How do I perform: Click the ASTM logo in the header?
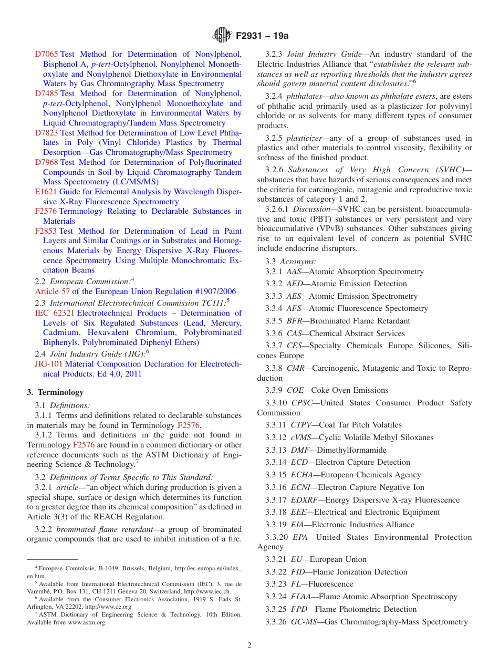[x=221, y=35]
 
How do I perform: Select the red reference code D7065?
[x=46, y=54]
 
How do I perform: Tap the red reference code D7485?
[x=46, y=93]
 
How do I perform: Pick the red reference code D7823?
[x=46, y=133]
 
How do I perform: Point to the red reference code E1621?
[x=46, y=192]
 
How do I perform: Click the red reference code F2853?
[x=46, y=231]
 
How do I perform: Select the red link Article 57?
[x=52, y=291]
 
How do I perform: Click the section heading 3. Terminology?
[x=55, y=392]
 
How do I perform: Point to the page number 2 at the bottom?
[x=250, y=645]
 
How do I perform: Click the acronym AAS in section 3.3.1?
[x=294, y=272]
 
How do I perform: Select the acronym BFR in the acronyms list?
[x=295, y=321]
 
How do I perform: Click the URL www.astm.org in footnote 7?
[x=87, y=622]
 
